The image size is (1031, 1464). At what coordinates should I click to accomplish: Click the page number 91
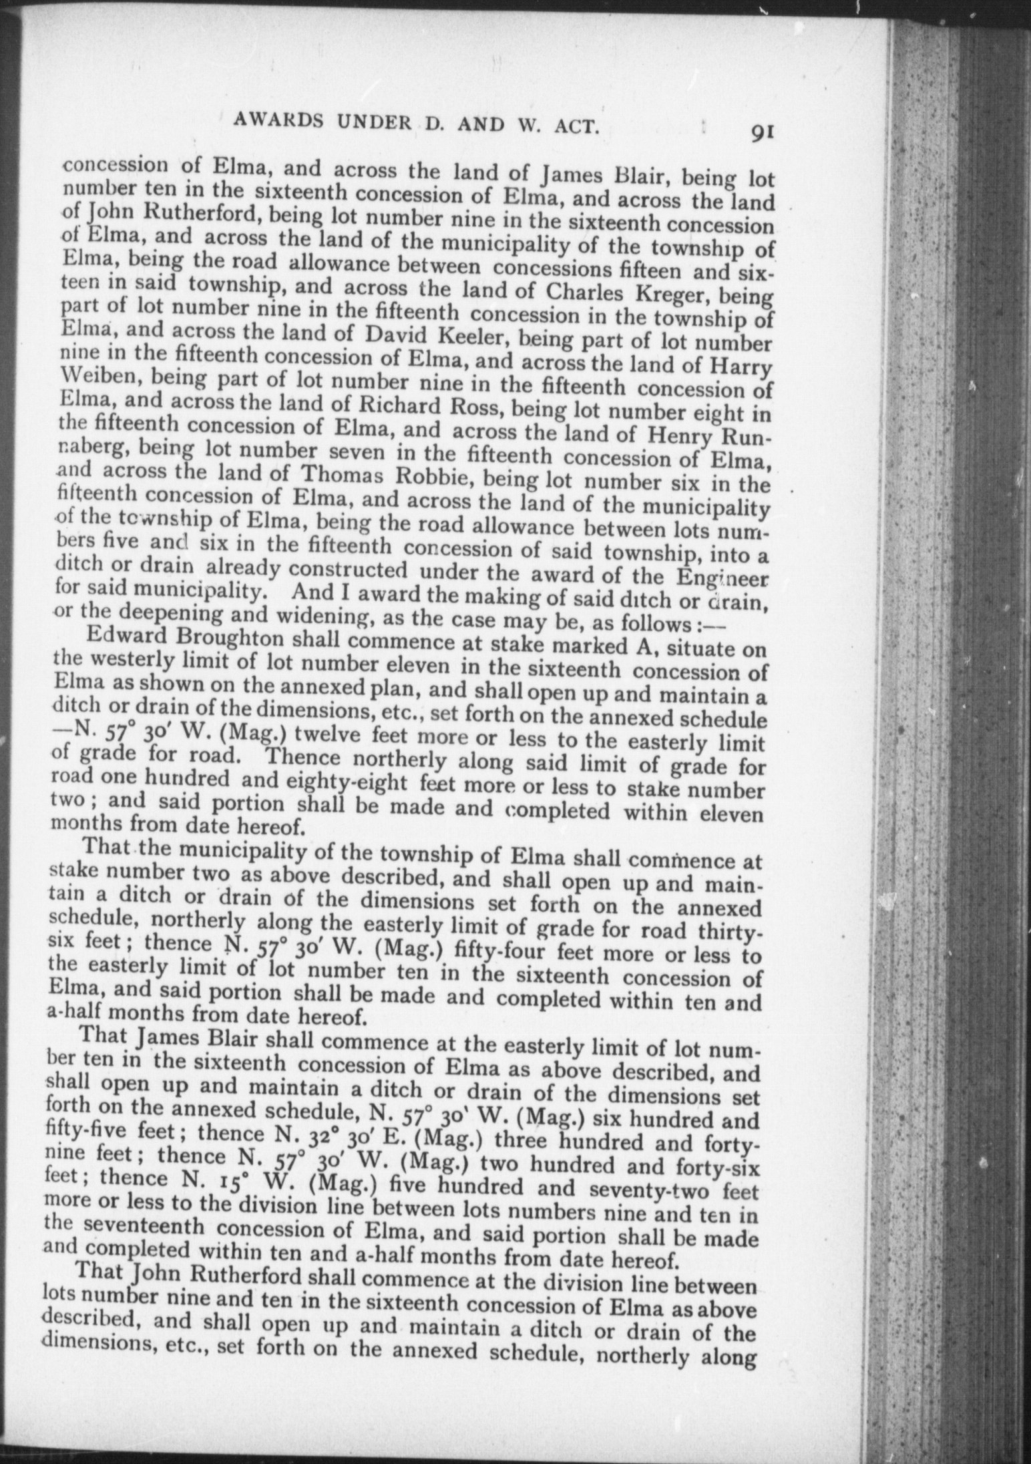point(761,132)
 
